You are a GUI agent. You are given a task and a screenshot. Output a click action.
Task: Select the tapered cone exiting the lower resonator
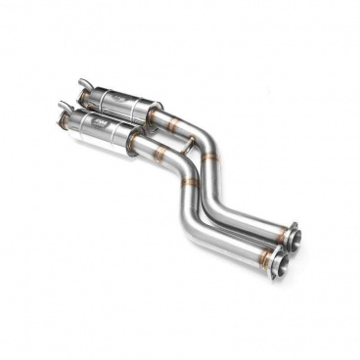point(135,143)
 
